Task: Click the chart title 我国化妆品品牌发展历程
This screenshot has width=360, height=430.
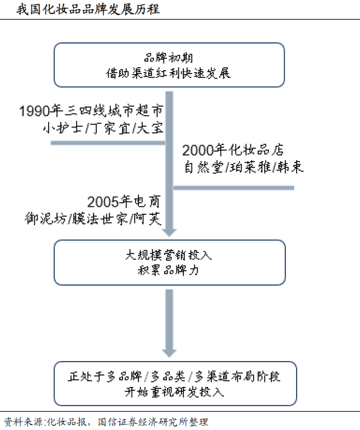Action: click(88, 9)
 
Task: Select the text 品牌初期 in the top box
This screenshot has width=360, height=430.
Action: click(169, 58)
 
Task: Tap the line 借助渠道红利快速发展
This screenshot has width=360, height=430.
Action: click(168, 73)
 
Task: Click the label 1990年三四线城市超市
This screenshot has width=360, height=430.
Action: click(91, 111)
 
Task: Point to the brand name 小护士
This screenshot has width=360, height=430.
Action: click(63, 128)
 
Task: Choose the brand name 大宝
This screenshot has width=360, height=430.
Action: click(150, 128)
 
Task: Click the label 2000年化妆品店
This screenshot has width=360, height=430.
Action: click(233, 150)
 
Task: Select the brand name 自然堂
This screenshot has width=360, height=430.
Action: click(204, 167)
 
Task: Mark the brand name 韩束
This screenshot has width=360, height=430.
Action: click(290, 167)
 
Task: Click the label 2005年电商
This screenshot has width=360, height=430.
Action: click(123, 202)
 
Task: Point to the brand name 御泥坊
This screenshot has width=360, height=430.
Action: click(46, 219)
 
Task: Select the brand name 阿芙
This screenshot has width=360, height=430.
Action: click(147, 219)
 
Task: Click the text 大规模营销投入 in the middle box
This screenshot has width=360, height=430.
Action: click(169, 255)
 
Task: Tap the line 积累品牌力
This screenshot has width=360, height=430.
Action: click(168, 271)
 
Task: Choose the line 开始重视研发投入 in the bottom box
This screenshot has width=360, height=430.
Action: click(175, 392)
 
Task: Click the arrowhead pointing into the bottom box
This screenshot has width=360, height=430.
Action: click(170, 353)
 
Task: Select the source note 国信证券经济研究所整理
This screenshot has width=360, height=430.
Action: click(153, 422)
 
